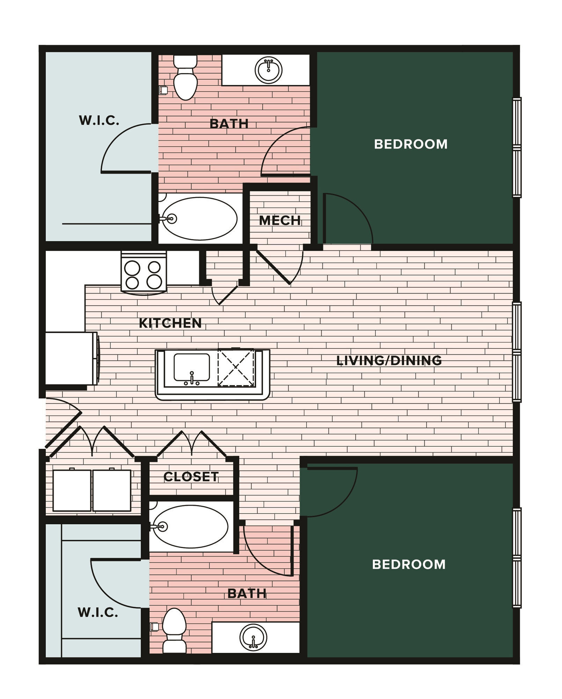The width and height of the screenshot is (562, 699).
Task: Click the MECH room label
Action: [x=280, y=221]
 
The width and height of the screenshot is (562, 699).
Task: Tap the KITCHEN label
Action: [x=170, y=323]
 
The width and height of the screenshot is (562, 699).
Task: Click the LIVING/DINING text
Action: [x=389, y=360]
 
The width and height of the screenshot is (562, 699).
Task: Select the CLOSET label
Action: [x=191, y=477]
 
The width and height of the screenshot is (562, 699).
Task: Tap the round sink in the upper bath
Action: [x=268, y=70]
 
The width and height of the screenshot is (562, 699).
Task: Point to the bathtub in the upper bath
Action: [x=199, y=219]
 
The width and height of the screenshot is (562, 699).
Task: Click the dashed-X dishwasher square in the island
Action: [x=236, y=367]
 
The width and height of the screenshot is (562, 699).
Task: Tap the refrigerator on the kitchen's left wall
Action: [x=71, y=358]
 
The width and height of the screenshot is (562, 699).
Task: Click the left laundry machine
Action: [x=72, y=490]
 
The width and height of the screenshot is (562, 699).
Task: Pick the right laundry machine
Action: [x=112, y=490]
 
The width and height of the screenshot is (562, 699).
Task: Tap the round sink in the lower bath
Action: [x=254, y=637]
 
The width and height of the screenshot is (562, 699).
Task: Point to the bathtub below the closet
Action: [x=191, y=527]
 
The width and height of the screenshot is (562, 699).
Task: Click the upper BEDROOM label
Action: [x=411, y=144]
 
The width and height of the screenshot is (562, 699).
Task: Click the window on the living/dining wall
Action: [x=517, y=352]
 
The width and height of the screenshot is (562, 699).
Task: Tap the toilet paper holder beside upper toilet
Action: [x=163, y=91]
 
